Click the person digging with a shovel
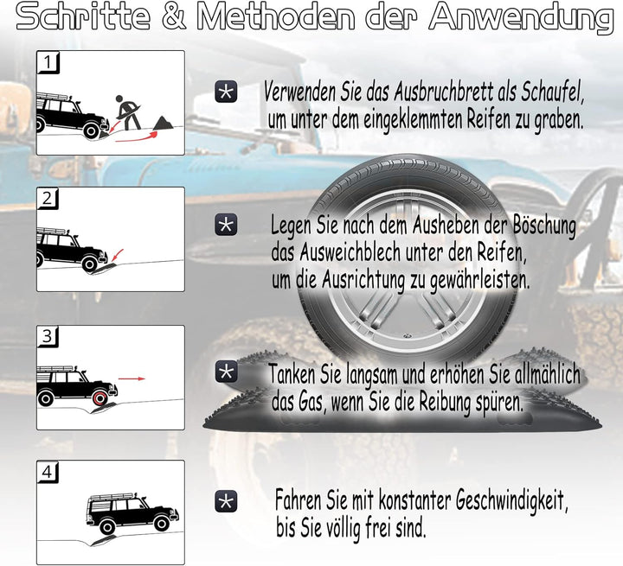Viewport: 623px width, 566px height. [x=127, y=111]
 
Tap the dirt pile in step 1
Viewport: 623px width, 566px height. [x=160, y=126]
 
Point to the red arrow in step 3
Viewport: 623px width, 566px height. [x=132, y=378]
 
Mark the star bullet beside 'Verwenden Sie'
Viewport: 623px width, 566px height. [x=226, y=92]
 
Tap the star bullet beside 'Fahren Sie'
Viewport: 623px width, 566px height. [x=226, y=501]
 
